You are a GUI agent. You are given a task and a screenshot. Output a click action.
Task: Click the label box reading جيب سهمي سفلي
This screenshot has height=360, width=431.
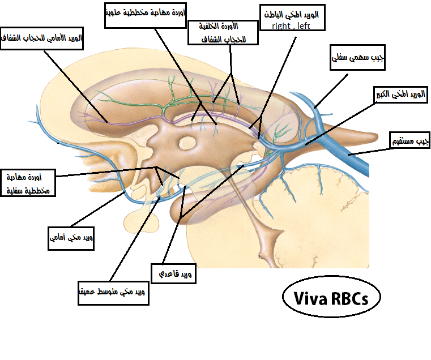point(357,58)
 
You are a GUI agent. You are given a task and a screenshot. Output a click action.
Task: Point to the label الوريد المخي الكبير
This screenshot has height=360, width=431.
point(400,95)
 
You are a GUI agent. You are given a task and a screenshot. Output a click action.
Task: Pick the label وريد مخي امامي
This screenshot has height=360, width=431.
point(70,238)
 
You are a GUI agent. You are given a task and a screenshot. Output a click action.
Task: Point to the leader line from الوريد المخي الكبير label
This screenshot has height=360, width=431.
point(340,122)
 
